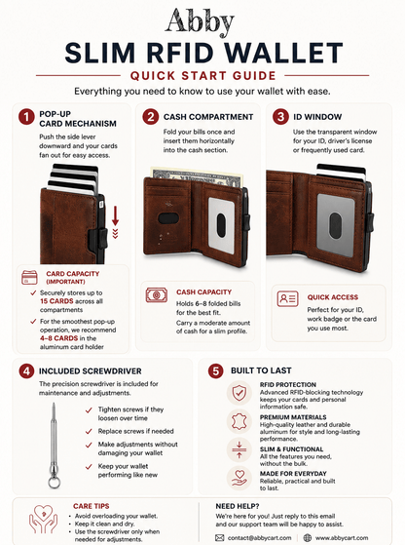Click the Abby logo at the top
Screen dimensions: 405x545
[200, 21]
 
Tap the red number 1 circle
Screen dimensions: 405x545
[26, 117]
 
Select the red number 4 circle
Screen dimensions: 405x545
[26, 371]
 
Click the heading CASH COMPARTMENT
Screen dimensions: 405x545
[208, 117]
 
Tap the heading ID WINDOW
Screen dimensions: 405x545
[317, 117]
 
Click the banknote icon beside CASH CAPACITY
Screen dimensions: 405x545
[157, 295]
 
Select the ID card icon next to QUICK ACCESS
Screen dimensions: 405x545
[288, 298]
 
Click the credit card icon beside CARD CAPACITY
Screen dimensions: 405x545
[29, 277]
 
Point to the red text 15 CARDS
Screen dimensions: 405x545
[56, 301]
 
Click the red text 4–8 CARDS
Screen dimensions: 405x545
[58, 338]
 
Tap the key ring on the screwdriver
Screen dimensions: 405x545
[54, 483]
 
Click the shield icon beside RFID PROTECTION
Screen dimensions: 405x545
[239, 394]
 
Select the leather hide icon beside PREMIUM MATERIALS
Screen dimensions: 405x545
[239, 421]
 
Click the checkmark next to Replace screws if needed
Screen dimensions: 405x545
[89, 431]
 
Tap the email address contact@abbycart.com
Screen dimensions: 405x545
[259, 538]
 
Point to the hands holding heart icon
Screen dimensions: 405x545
[43, 520]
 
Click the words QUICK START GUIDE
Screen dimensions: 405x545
[203, 76]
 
